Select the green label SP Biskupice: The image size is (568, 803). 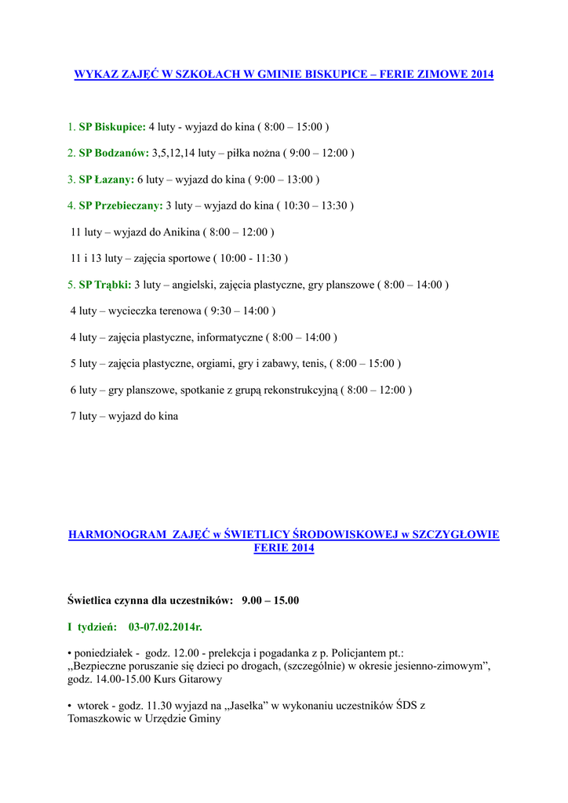coord(112,126)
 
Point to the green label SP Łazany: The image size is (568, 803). coord(107,180)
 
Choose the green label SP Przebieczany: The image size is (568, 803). coord(121,205)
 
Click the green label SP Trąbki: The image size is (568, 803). coord(105,285)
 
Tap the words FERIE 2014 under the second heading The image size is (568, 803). coord(284,548)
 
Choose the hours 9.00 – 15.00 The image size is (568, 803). coord(271,601)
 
